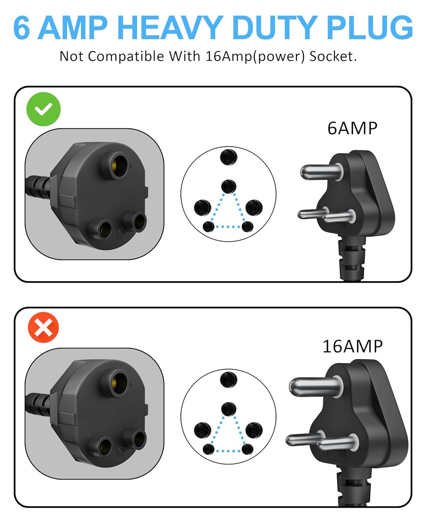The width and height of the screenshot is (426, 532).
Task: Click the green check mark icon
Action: (x=43, y=109)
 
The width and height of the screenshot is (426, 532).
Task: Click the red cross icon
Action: (x=43, y=327)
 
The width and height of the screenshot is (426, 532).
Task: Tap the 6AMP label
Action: (x=352, y=128)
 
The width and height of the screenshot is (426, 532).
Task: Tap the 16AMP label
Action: (x=353, y=347)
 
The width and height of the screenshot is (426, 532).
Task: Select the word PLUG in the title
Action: (x=370, y=27)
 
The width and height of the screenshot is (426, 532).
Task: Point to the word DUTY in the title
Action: (x=275, y=27)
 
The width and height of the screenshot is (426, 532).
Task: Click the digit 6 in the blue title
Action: (x=22, y=27)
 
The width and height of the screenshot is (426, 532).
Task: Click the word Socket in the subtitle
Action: (x=333, y=56)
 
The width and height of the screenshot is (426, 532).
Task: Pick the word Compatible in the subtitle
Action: (x=126, y=56)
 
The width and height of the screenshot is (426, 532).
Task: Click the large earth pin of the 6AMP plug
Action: (x=321, y=172)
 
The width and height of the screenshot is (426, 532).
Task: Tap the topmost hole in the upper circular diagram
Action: (x=229, y=157)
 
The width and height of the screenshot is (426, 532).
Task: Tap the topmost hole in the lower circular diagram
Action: (x=229, y=379)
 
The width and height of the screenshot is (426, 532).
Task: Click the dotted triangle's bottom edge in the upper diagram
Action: (x=228, y=227)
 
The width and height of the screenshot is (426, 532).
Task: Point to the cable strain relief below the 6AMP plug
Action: (x=351, y=258)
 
